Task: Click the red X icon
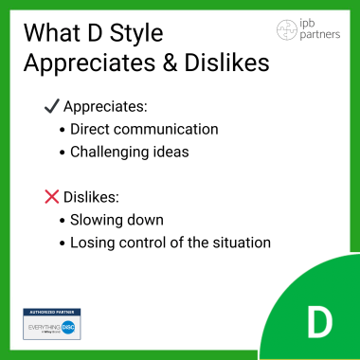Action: click(x=52, y=197)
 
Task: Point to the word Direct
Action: click(x=93, y=130)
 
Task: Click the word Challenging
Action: click(x=113, y=152)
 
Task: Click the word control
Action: click(x=146, y=242)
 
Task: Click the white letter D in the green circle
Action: click(x=319, y=323)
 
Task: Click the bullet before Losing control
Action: click(x=62, y=242)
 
